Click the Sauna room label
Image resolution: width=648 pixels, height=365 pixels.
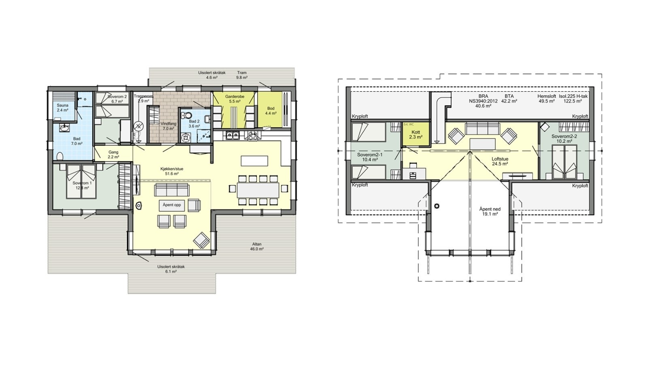click(x=62, y=107)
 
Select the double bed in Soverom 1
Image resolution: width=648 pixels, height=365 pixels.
click(x=82, y=181)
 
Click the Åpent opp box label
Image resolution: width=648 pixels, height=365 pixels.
click(x=172, y=205)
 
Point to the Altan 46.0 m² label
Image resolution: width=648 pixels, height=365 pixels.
click(x=257, y=247)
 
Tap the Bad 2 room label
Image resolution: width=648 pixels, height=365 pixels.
click(x=194, y=124)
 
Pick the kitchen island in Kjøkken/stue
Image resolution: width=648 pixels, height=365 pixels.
click(x=254, y=161)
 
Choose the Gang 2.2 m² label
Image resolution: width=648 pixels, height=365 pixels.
click(x=113, y=155)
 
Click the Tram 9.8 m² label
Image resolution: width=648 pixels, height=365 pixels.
click(x=242, y=75)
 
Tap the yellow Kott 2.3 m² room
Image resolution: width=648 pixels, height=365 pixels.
click(x=416, y=135)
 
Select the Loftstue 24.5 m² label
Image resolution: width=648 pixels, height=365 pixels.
click(x=500, y=161)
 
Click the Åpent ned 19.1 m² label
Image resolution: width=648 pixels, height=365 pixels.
click(x=490, y=211)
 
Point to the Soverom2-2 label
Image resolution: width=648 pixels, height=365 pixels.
click(x=564, y=139)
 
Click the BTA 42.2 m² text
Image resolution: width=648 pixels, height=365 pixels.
click(x=509, y=99)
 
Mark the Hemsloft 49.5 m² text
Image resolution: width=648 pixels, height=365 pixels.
click(x=546, y=99)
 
